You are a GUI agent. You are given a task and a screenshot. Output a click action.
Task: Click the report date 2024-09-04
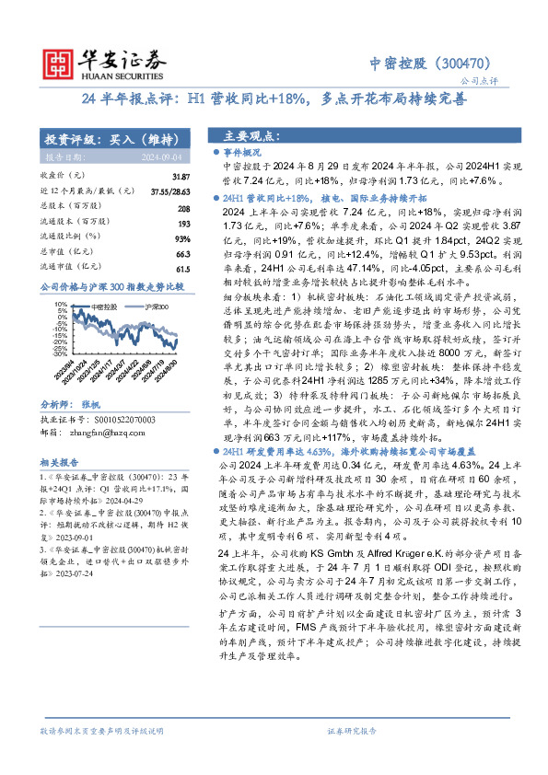pyautogui.click(x=162, y=157)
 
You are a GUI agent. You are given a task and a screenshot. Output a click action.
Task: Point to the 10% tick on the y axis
pyautogui.click(x=59, y=303)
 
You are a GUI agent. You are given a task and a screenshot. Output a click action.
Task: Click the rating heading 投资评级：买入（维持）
pyautogui.click(x=111, y=139)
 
